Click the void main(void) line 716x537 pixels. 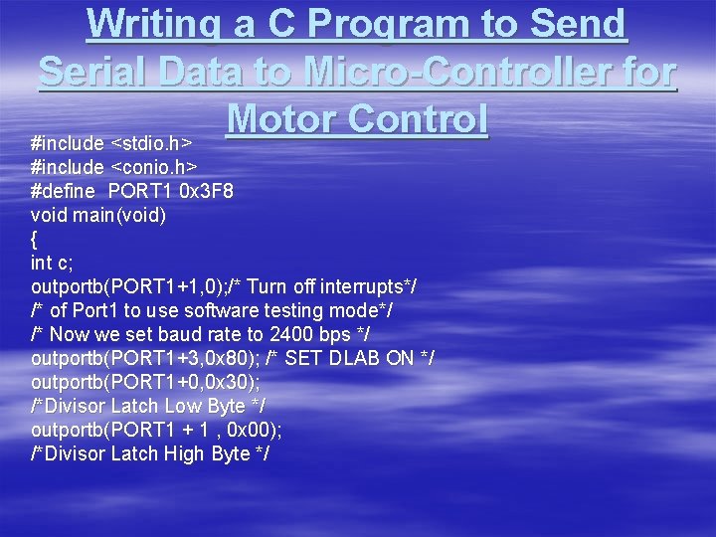click(x=98, y=214)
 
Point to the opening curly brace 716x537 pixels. click(x=35, y=238)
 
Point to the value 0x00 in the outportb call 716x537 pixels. click(x=254, y=430)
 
